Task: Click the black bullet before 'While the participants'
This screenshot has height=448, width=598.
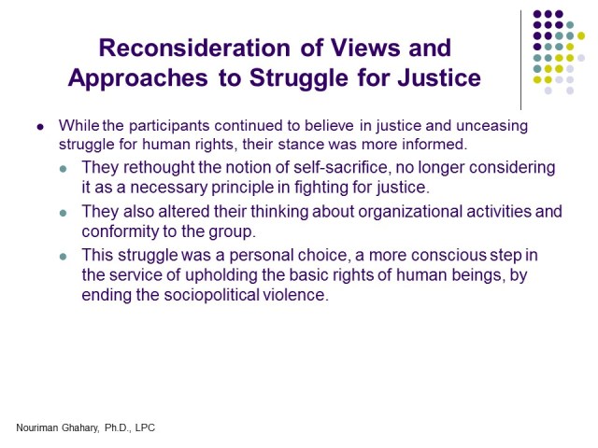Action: (x=40, y=127)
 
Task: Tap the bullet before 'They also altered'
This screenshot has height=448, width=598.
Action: (x=63, y=213)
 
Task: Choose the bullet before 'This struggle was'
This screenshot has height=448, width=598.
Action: (x=63, y=256)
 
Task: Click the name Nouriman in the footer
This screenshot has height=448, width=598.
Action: (x=40, y=427)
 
